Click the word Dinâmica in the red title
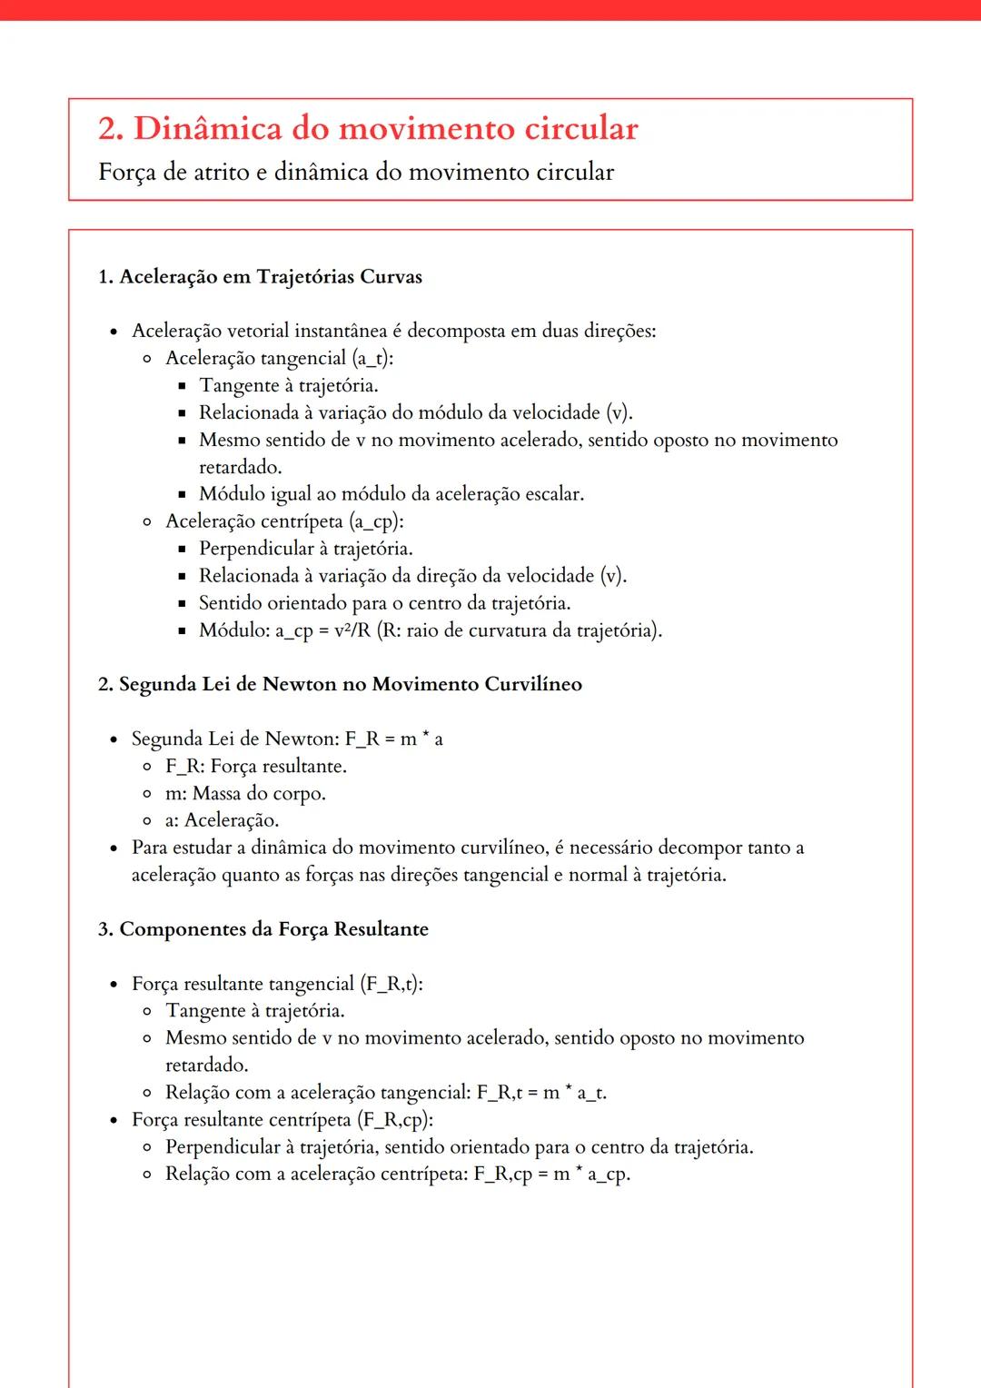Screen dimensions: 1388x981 point(208,129)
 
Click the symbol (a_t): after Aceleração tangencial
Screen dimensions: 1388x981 point(372,358)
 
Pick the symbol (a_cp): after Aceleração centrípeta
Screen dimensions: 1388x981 point(376,521)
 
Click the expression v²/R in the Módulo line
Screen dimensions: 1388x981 point(352,630)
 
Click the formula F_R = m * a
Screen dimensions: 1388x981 point(393,739)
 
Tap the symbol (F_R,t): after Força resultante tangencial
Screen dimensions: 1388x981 point(391,984)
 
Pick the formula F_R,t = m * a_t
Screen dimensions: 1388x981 point(541,1093)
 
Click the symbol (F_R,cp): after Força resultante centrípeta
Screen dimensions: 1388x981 point(395,1120)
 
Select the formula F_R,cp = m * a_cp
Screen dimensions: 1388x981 point(551,1175)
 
